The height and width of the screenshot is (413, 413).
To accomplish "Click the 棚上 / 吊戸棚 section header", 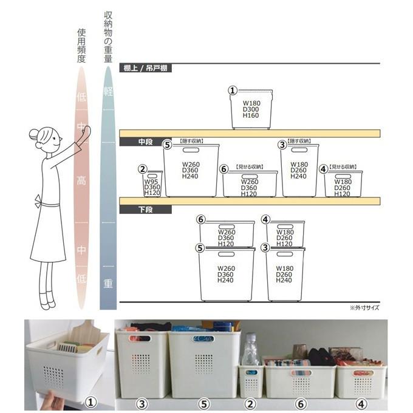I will pyautogui.click(x=146, y=68).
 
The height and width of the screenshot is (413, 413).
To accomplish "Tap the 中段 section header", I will pyautogui.click(x=145, y=142).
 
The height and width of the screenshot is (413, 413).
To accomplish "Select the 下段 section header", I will pyautogui.click(x=145, y=210).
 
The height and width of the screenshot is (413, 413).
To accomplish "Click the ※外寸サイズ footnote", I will pyautogui.click(x=364, y=307).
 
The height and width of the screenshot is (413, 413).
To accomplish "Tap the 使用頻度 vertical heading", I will pyautogui.click(x=81, y=46).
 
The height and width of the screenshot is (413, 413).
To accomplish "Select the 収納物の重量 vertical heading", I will pyautogui.click(x=108, y=36).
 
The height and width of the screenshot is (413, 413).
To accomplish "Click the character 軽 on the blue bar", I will pyautogui.click(x=108, y=92).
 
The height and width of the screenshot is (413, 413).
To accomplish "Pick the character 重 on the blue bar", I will pyautogui.click(x=108, y=284).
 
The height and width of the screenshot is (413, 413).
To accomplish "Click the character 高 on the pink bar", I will pyautogui.click(x=81, y=180).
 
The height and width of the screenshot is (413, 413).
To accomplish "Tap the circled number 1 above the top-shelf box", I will pyautogui.click(x=232, y=90).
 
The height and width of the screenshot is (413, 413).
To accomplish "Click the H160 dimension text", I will pyautogui.click(x=251, y=115).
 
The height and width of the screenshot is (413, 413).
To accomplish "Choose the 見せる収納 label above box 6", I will pyautogui.click(x=250, y=166).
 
